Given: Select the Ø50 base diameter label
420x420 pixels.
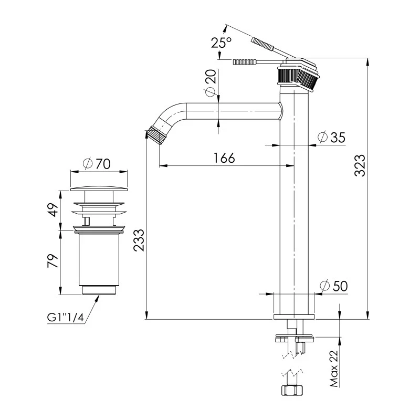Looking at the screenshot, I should (x=333, y=286).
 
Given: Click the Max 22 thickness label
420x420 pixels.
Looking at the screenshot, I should (x=333, y=370).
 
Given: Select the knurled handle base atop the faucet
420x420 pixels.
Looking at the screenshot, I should (x=297, y=77).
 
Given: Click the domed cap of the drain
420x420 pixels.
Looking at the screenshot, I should (x=99, y=187).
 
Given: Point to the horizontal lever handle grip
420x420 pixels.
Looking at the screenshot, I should (x=245, y=61).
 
